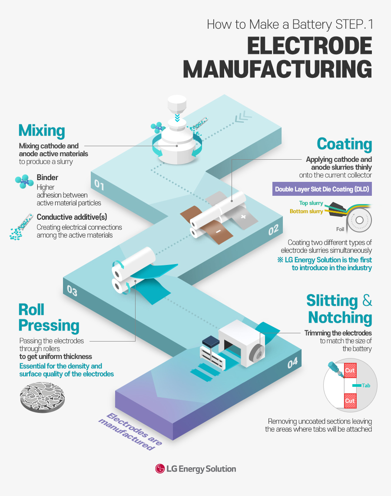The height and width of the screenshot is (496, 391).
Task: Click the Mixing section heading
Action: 42,131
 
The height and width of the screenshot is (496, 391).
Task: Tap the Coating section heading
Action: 344,144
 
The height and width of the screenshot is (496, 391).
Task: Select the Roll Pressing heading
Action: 49,318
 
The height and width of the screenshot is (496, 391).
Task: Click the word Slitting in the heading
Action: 332,301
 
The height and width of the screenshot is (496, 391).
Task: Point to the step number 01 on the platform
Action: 99,186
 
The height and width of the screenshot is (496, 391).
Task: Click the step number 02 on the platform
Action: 273,230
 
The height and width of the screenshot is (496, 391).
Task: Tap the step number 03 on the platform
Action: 72,290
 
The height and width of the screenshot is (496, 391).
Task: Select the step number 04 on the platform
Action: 292,362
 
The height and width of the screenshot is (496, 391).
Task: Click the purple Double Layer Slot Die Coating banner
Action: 322,190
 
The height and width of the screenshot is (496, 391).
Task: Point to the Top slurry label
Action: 311,203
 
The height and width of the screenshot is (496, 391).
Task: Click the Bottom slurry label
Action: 306,211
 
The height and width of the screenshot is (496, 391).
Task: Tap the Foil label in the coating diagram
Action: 340,229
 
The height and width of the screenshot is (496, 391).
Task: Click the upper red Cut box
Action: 350,371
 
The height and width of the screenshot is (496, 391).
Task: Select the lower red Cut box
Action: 350,401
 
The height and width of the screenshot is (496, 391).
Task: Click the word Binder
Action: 47,178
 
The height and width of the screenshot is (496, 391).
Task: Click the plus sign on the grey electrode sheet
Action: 243,216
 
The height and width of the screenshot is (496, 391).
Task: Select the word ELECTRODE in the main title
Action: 309,46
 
